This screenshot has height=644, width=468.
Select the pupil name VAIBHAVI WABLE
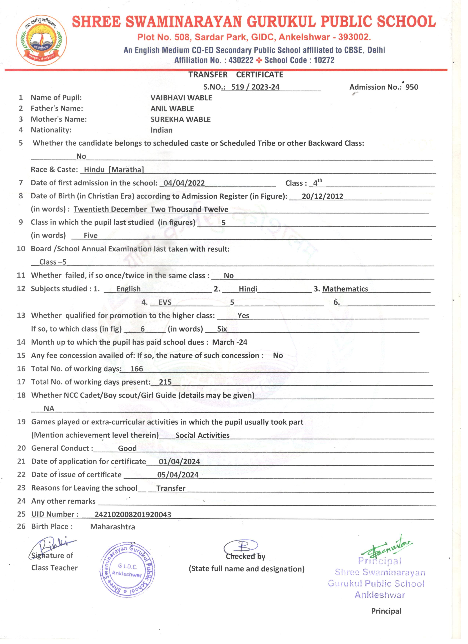coord(181,98)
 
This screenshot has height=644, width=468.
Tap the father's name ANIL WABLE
coord(172,109)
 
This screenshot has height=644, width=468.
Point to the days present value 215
coord(165,382)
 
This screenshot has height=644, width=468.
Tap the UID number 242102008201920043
coord(133,515)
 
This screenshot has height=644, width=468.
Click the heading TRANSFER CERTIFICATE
coord(236,75)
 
